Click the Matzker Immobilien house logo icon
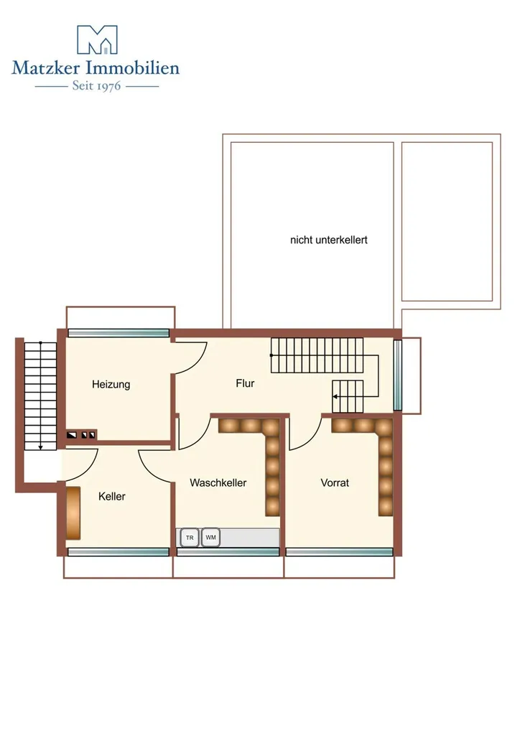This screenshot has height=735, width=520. pyautogui.click(x=97, y=40)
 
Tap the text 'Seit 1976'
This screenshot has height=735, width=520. pyautogui.click(x=96, y=86)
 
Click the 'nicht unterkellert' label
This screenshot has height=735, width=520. pyautogui.click(x=329, y=240)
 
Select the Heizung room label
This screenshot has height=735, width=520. pyautogui.click(x=111, y=385)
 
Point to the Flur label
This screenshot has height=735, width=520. pyautogui.click(x=245, y=383)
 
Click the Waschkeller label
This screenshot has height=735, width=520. pyautogui.click(x=218, y=483)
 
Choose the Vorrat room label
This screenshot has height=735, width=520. pyautogui.click(x=335, y=483)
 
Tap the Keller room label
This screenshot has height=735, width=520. pyautogui.click(x=112, y=497)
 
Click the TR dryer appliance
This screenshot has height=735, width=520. pyautogui.click(x=190, y=538)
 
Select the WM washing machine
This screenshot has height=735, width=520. pyautogui.click(x=211, y=538)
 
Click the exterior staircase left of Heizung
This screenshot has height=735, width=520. pyautogui.click(x=40, y=396)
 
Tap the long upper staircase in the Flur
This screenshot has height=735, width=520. pyautogui.click(x=317, y=355)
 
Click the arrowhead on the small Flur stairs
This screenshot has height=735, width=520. pyautogui.click(x=335, y=396)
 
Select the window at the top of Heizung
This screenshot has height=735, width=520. pyautogui.click(x=119, y=333)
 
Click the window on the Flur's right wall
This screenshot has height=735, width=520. pyautogui.click(x=398, y=375)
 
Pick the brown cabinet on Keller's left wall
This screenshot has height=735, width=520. pyautogui.click(x=73, y=512)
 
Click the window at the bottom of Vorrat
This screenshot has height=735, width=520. pyautogui.click(x=340, y=552)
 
